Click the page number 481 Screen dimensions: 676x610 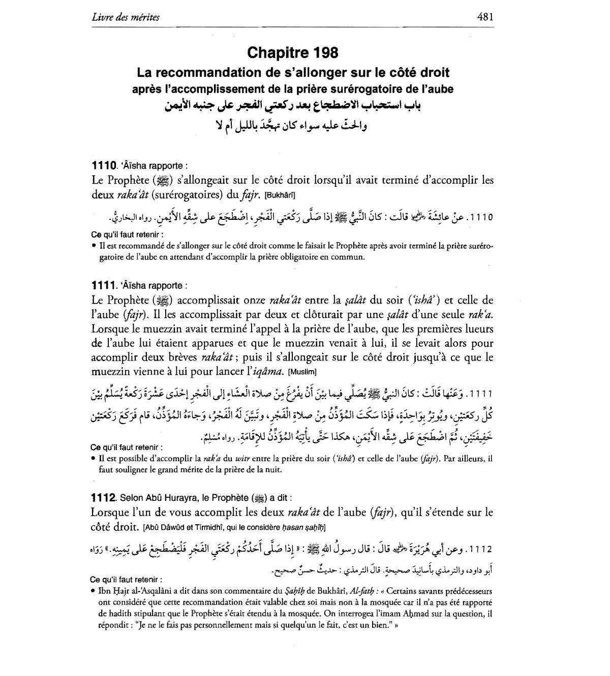click(485, 17)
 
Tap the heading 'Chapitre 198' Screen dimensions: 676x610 click(293, 52)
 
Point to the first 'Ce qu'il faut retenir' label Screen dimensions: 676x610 click(127, 235)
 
